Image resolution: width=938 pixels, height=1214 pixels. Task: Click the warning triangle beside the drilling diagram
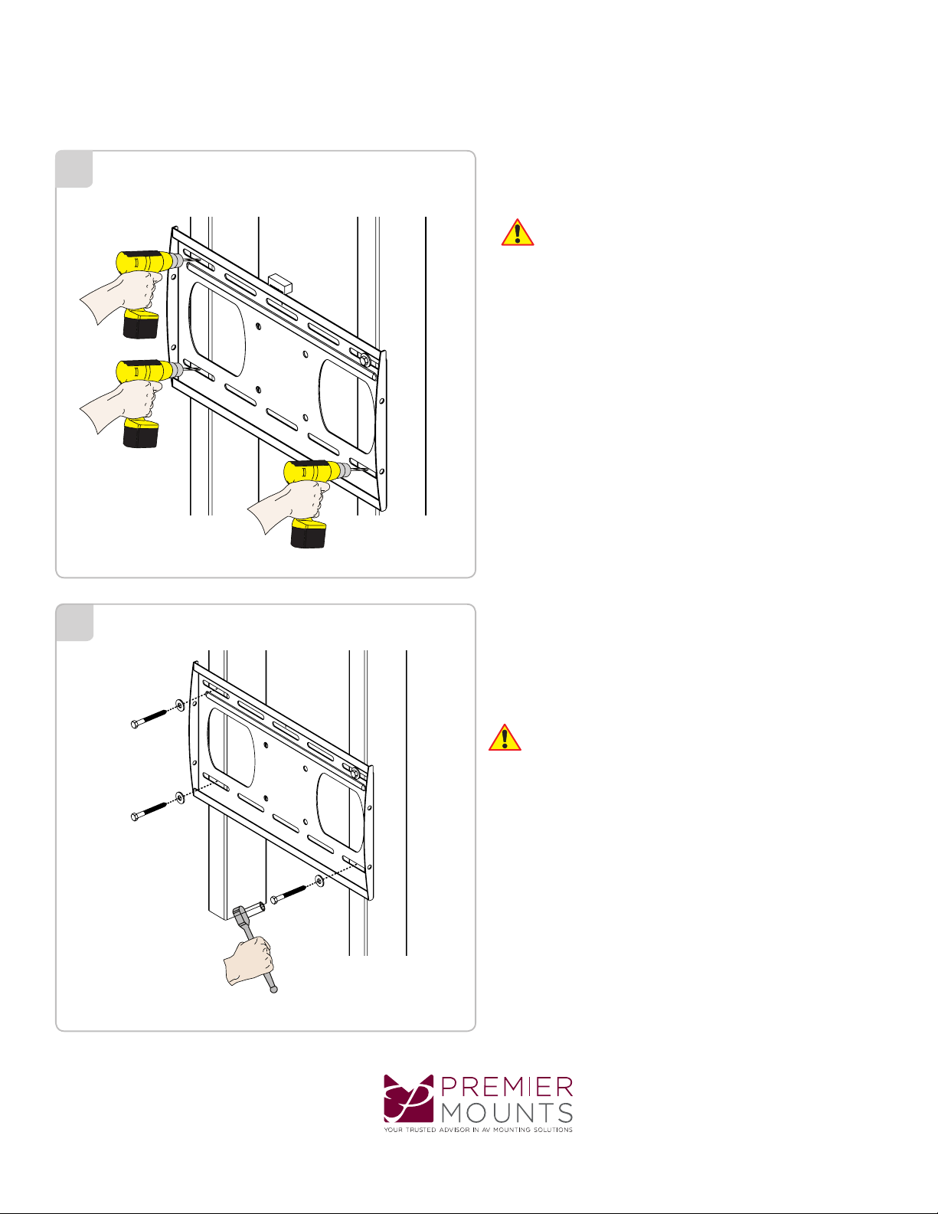pos(518,233)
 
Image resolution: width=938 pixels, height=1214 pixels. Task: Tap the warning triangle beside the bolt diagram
pos(505,738)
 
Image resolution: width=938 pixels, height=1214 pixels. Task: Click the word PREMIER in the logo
pos(507,1087)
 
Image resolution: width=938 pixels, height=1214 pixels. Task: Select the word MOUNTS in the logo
pos(507,1113)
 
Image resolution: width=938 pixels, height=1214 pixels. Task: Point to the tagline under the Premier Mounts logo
pos(478,1130)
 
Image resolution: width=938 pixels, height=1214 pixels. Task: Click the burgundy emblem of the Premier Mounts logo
pos(408,1098)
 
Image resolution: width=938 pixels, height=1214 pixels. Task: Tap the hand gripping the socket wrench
pos(249,960)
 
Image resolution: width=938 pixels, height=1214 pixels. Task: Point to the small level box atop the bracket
pos(280,283)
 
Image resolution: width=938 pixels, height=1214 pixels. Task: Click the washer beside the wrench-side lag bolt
pos(319,881)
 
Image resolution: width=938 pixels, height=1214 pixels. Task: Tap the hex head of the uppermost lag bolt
pos(135,725)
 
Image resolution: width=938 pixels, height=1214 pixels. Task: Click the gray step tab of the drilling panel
pos(74,169)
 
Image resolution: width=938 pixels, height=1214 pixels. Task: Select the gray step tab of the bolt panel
pos(74,623)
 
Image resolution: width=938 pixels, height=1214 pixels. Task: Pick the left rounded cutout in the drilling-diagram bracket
pos(217,329)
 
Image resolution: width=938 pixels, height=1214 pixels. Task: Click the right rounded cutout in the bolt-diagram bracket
pos(340,813)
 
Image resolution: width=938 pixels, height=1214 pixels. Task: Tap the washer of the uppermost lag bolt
pos(180,705)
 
